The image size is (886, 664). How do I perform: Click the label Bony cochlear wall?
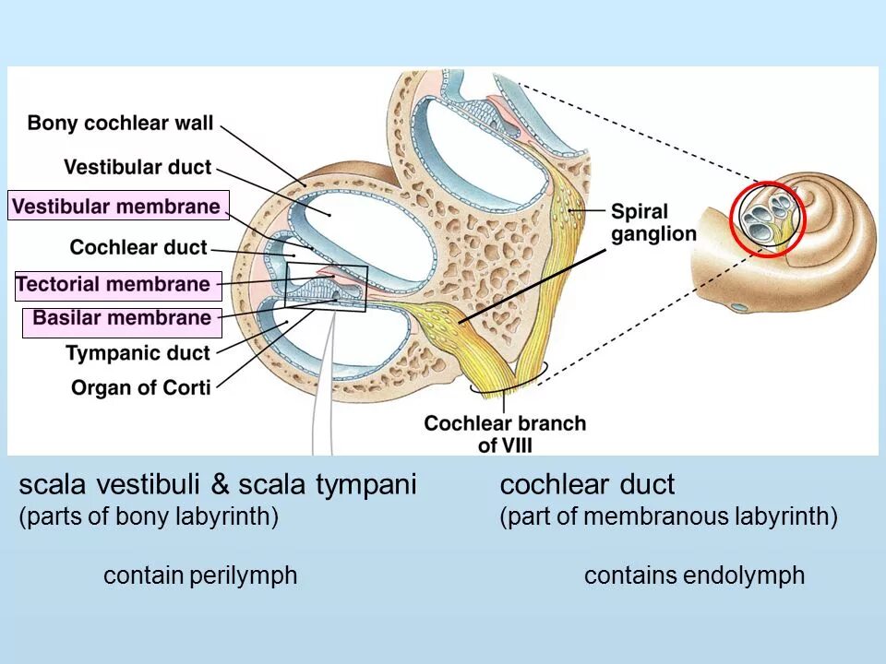point(121,123)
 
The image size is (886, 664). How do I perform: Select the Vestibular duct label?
point(138,168)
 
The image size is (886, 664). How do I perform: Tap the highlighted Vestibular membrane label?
point(118,207)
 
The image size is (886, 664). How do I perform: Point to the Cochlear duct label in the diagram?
point(138,247)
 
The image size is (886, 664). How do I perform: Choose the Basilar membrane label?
point(122,319)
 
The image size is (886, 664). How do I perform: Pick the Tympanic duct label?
point(138,353)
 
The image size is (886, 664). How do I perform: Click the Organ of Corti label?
point(141,387)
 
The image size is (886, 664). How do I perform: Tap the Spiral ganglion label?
point(653,223)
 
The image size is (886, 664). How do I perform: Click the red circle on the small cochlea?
point(768,219)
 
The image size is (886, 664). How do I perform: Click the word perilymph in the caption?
point(245,576)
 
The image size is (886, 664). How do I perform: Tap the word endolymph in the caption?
point(745,576)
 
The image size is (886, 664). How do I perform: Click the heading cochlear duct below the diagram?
point(588,485)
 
